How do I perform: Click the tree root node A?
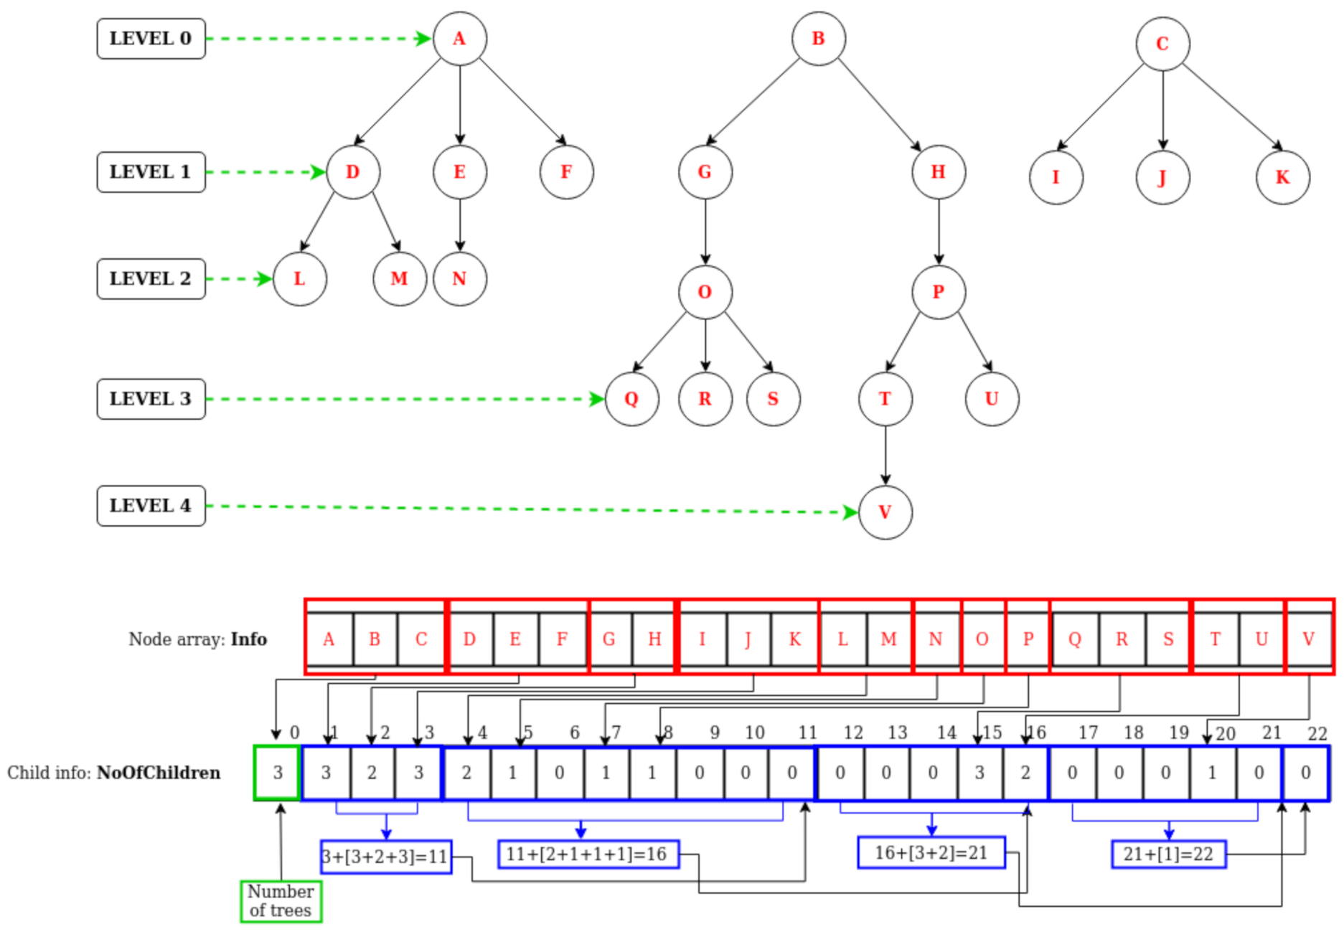pos(459,39)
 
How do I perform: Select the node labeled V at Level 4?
pos(885,512)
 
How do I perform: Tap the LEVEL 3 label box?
pos(151,399)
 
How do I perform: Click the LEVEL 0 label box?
pos(151,39)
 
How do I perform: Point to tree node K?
pos(1282,177)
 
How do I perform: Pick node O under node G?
pos(705,292)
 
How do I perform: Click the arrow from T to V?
pos(885,456)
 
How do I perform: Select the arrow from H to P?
pos(939,231)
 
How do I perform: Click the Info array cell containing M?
pos(888,639)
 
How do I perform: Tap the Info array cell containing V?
pos(1308,639)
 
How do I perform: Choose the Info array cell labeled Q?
pos(1074,639)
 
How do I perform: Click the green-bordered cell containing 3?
pos(278,773)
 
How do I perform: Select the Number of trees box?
pos(281,901)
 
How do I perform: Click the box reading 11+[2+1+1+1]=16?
pos(588,855)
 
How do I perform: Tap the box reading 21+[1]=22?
pos(1168,855)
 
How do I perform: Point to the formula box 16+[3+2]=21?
pos(931,853)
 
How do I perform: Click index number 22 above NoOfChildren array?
pos(1317,733)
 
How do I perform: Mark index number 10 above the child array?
pos(754,733)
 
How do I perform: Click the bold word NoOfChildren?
pos(159,773)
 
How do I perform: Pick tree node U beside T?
pos(992,399)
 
